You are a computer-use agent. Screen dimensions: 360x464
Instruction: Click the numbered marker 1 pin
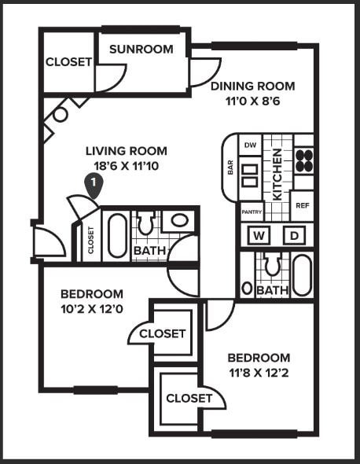94,186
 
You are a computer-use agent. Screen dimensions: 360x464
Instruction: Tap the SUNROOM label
141,49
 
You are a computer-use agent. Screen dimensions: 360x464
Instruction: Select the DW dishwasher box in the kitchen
250,145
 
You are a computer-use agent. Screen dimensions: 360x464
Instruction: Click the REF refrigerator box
303,205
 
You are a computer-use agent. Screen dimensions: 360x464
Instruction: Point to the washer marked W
259,236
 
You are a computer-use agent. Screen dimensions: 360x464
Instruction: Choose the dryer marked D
294,236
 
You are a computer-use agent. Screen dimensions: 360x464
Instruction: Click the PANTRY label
252,212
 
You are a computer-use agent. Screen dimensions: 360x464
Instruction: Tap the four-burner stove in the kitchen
304,160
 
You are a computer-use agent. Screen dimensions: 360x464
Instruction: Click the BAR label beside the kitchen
230,168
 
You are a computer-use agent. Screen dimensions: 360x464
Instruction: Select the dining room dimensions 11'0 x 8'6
252,101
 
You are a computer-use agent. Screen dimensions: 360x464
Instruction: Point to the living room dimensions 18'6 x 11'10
127,166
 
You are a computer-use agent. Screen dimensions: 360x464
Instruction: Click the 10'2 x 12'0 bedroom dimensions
92,310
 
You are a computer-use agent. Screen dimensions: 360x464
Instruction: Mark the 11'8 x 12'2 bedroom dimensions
259,373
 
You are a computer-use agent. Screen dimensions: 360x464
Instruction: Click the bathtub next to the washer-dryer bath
303,275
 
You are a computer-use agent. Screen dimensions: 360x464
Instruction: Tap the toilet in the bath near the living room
146,223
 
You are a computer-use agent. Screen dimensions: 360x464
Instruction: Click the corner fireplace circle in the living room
61,115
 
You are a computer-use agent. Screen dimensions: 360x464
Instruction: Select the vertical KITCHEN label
277,175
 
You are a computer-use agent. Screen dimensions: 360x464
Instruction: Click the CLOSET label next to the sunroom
68,62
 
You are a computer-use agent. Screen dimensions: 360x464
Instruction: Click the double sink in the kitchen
250,175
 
